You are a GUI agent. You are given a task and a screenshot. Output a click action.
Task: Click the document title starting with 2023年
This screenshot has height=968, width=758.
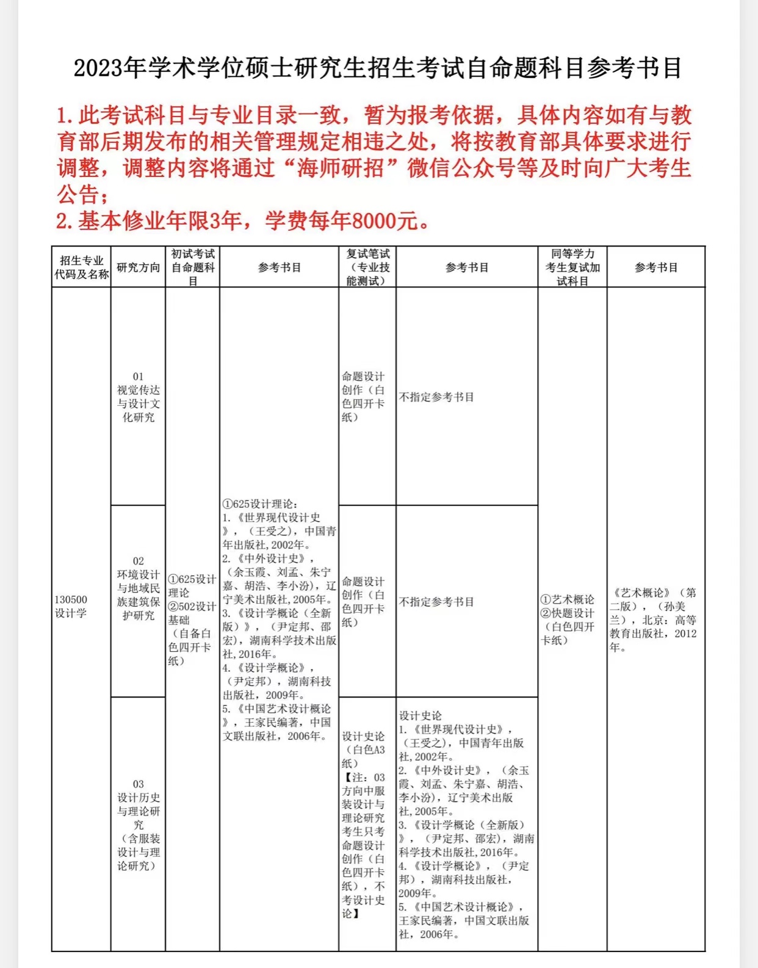coord(378,68)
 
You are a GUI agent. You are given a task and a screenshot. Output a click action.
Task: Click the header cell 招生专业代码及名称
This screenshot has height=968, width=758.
coord(81,267)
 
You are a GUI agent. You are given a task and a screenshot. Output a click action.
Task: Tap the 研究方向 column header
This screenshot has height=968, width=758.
coord(138,267)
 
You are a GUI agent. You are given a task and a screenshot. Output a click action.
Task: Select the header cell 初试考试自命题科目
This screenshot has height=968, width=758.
coord(193,267)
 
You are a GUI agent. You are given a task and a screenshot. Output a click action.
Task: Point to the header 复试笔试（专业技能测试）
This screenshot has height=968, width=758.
coord(367,267)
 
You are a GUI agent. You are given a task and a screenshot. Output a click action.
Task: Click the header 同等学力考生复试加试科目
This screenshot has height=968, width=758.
coord(572,267)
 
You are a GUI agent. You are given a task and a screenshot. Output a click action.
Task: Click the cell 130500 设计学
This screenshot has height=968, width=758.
coord(71,606)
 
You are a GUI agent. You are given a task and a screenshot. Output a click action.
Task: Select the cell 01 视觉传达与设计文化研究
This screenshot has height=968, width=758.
coord(139,397)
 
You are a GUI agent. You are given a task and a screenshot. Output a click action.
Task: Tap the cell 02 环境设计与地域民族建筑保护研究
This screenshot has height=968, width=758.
coord(139,588)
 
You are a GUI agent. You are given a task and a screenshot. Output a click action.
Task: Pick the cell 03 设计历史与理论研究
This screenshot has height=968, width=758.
coord(139,824)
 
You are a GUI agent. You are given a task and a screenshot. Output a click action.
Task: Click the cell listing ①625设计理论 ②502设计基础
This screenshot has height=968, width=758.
coord(192,619)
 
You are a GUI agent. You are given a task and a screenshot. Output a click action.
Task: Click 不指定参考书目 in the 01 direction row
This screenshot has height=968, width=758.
coord(436,397)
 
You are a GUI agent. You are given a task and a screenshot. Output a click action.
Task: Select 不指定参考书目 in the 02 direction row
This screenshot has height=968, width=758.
coord(436,602)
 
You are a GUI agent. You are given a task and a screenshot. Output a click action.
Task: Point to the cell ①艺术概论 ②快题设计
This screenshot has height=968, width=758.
coord(568,619)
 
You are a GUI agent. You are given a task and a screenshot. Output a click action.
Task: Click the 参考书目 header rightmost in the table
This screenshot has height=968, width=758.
coord(656,267)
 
